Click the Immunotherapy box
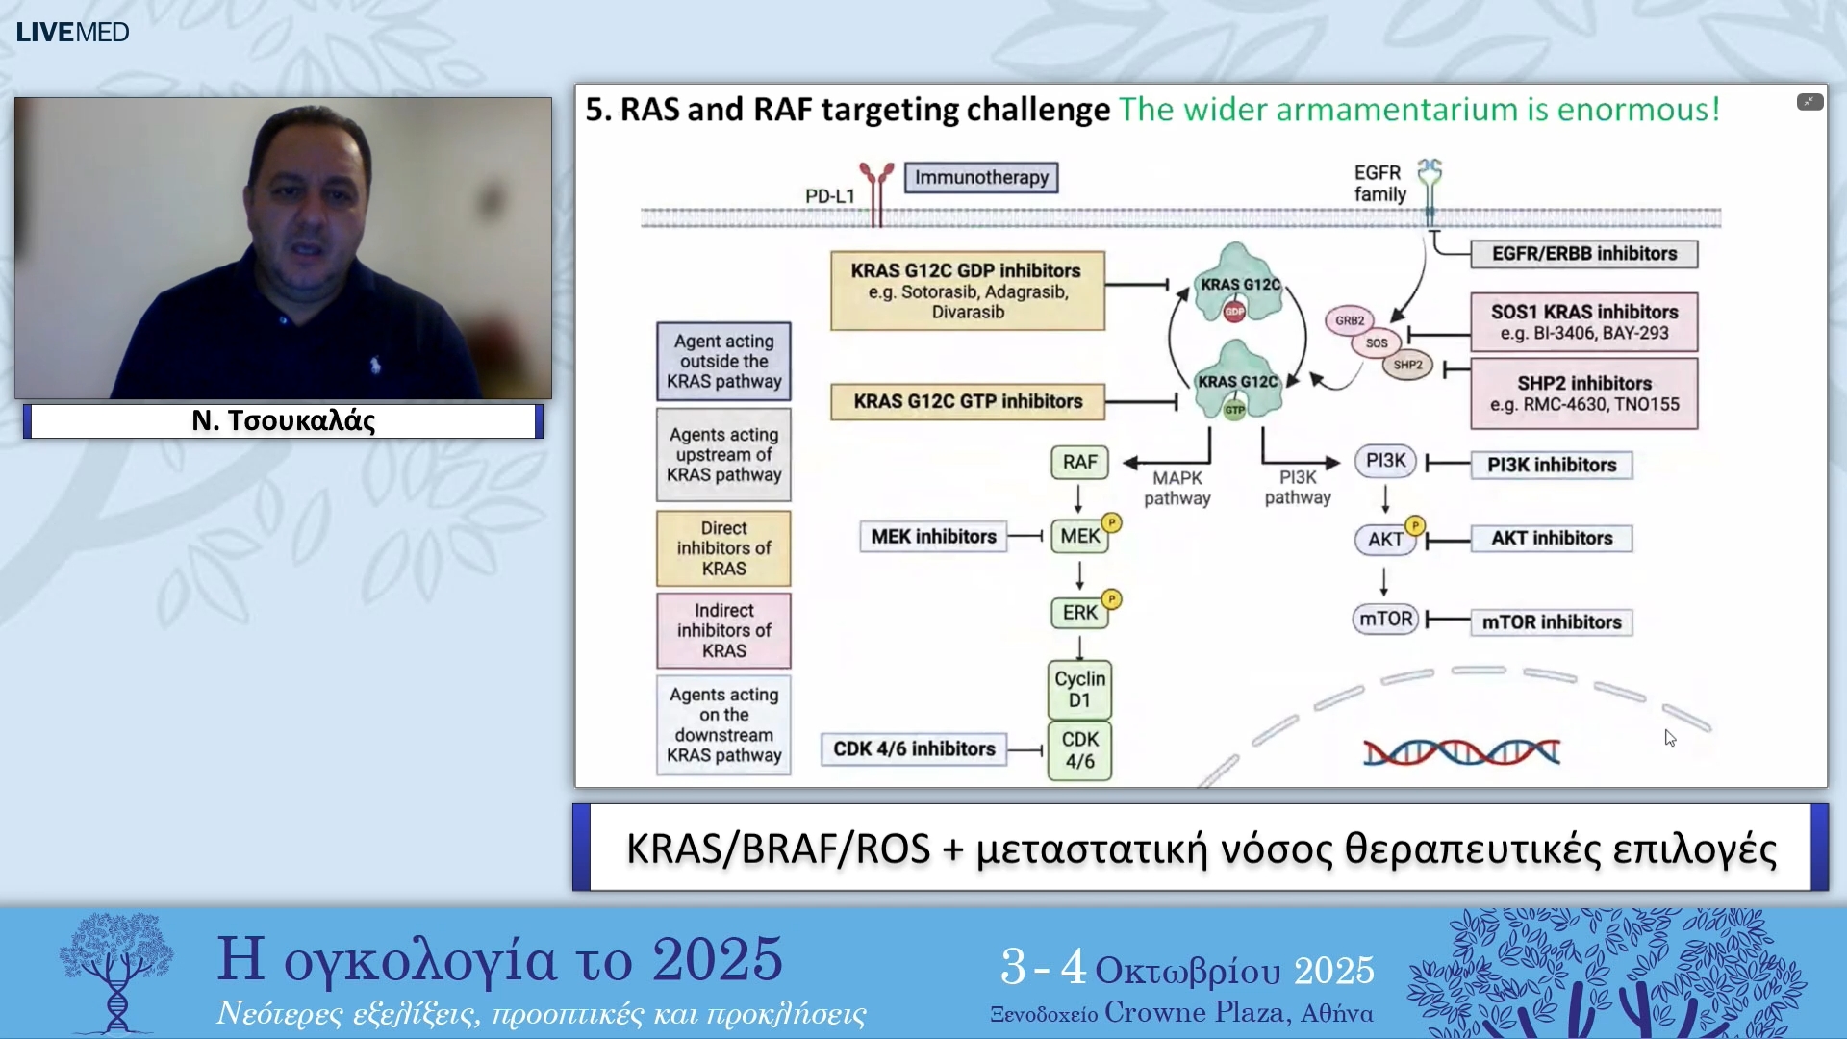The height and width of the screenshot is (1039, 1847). coord(980,178)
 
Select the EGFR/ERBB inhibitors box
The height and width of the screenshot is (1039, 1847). coord(1583,254)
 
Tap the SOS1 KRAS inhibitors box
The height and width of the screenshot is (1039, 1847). coord(1583,322)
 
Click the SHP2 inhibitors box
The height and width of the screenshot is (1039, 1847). coord(1583,393)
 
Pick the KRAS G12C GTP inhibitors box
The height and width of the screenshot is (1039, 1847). coord(967,401)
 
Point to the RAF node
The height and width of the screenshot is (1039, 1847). coord(1079,463)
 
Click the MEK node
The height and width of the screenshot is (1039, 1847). coord(1079,537)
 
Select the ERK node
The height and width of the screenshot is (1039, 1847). coord(1079,613)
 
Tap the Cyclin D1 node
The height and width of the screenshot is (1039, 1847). coord(1079,689)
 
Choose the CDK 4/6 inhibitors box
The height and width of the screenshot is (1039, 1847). coord(914,749)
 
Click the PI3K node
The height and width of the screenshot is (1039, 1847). coord(1385,461)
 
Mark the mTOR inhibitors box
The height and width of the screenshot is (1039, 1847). coord(1551,622)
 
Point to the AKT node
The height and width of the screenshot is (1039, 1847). coord(1385,540)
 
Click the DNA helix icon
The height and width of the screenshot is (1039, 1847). coord(1461,752)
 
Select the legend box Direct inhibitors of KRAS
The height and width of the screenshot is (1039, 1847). coord(723,548)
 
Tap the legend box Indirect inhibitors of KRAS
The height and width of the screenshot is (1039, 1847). coord(723,631)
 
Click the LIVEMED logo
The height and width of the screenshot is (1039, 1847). coord(72,33)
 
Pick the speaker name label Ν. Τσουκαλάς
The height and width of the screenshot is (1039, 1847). coord(283,421)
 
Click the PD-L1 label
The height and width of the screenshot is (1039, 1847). coord(829,196)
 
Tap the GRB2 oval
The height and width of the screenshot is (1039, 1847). coord(1349,321)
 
